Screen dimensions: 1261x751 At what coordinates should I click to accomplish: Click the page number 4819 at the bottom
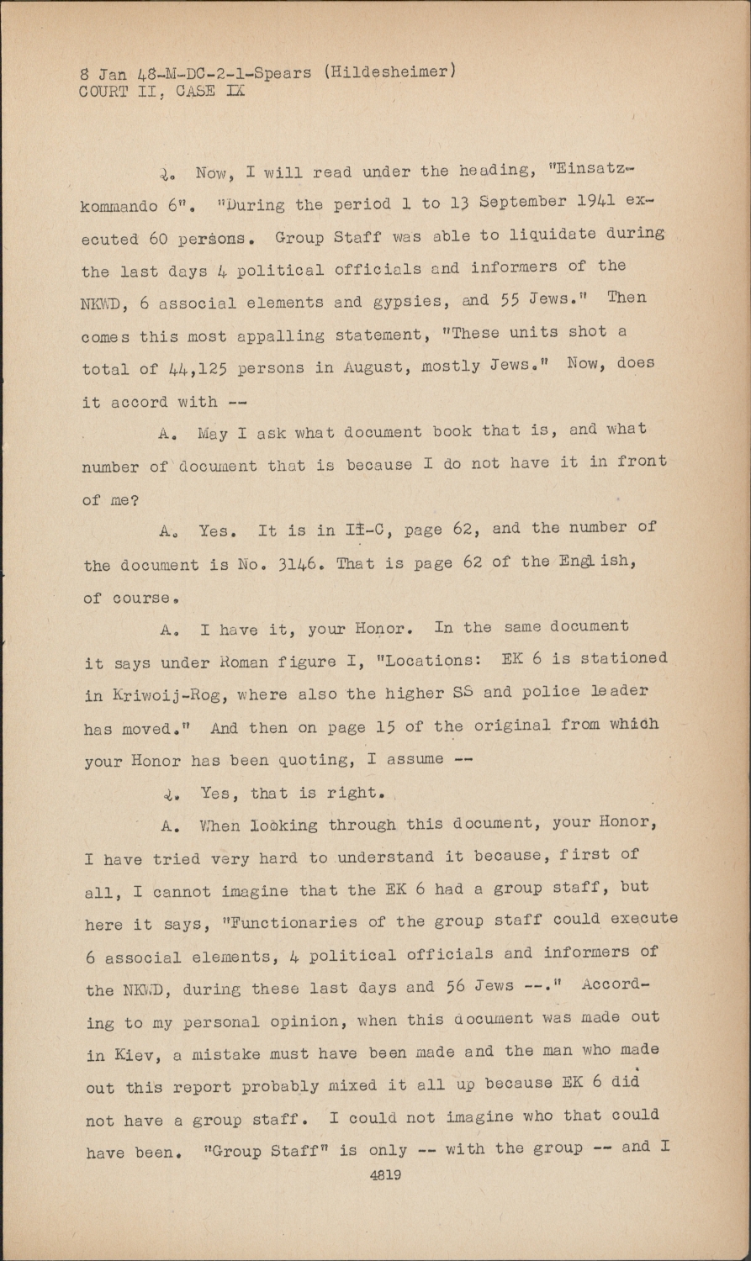[385, 1176]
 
